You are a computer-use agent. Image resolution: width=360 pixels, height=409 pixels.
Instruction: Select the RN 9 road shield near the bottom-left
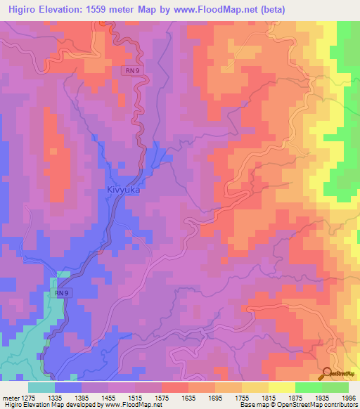point(62,293)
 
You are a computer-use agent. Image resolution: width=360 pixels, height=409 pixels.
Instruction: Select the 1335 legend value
point(67,397)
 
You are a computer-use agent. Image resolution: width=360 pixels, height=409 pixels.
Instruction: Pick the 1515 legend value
point(147,397)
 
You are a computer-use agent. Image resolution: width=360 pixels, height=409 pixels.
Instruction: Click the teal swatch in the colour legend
point(41,387)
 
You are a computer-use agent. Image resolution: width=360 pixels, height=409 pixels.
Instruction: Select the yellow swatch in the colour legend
point(282,387)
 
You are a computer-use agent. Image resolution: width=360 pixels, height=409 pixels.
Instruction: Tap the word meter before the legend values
point(11,397)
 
